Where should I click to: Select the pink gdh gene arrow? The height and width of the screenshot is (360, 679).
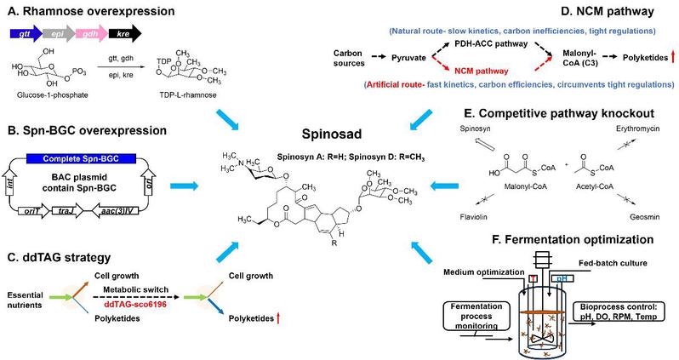(88, 31)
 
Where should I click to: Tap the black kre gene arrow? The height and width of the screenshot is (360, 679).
(124, 31)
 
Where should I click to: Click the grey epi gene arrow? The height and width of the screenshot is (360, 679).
(54, 31)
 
